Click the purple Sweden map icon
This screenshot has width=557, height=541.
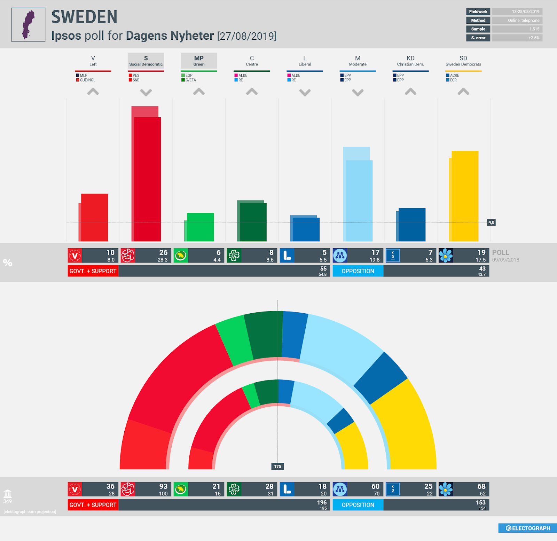point(28,25)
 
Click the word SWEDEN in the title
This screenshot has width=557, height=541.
point(85,17)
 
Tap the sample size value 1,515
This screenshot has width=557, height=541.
point(534,29)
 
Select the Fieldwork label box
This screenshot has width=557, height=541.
point(478,11)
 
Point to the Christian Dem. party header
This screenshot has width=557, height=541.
point(410,61)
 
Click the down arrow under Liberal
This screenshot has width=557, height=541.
point(305,93)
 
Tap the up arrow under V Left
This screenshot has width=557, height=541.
point(93,92)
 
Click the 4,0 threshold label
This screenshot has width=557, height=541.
point(491,222)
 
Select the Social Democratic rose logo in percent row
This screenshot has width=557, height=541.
point(128,256)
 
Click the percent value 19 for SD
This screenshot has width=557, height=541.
point(481,253)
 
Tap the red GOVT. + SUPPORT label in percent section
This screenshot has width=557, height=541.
point(93,271)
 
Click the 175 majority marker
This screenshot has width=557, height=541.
point(277,466)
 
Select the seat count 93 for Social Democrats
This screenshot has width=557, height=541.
point(163,486)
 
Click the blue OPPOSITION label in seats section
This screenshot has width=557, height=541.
point(358,505)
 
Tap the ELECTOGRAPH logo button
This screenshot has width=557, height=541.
point(528,528)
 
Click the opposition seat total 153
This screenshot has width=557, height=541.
point(480,502)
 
